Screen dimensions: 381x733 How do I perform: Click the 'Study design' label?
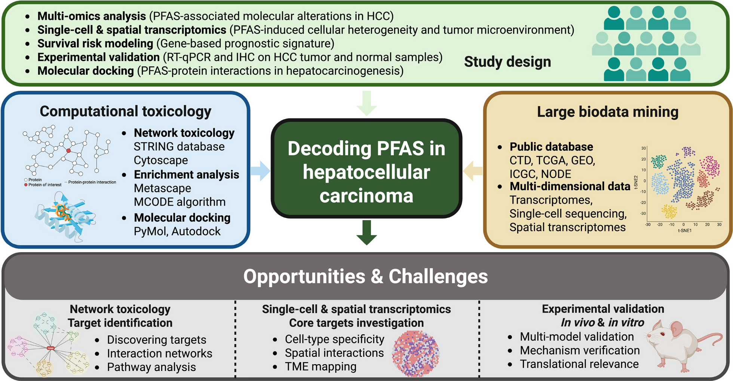click(507, 62)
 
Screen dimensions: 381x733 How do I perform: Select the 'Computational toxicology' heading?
click(125, 111)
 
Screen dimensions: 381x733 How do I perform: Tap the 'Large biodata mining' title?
click(607, 112)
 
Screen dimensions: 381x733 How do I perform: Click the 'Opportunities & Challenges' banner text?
click(365, 276)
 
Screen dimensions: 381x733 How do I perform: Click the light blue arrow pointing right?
click(260, 171)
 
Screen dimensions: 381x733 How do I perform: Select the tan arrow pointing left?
click(473, 171)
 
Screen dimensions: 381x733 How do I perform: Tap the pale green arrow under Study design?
click(366, 103)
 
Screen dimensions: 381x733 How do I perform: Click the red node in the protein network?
click(68, 151)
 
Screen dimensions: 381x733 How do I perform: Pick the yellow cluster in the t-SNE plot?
click(669, 211)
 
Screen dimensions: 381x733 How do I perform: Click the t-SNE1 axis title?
click(685, 231)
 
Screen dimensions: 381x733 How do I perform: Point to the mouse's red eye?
click(662, 334)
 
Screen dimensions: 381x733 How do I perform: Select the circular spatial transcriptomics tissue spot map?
click(415, 353)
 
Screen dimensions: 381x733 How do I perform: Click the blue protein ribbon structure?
click(65, 217)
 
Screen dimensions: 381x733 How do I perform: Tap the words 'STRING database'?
click(179, 147)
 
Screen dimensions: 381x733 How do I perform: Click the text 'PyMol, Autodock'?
click(177, 232)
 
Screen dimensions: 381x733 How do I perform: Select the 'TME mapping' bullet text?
click(321, 367)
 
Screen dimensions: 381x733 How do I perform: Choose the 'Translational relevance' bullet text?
click(579, 364)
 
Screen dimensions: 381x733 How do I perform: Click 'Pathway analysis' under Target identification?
click(151, 367)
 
